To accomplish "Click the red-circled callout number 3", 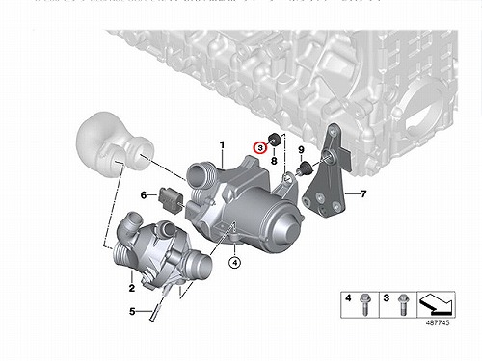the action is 260,148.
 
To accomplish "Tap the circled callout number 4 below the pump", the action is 235,263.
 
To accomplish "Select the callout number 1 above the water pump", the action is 222,145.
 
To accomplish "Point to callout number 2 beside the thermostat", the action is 132,288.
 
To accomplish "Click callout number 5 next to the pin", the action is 132,311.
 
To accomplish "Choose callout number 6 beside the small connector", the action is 144,194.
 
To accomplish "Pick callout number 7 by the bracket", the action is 363,193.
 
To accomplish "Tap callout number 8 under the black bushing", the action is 274,160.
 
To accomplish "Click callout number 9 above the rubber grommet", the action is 301,149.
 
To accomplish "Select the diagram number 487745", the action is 438,322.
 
